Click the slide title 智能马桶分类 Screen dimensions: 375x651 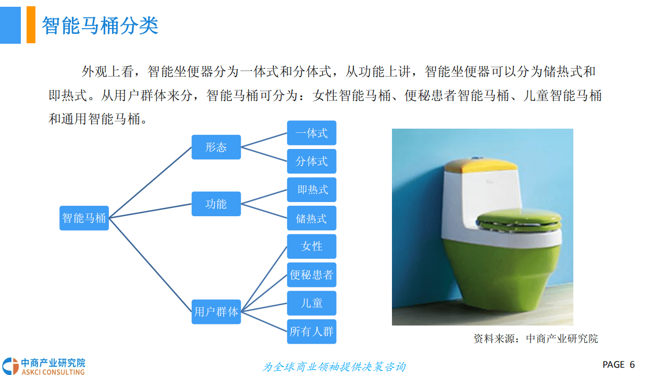pyautogui.click(x=100, y=25)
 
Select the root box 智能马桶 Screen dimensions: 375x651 pyautogui.click(x=84, y=218)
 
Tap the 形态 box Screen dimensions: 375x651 pyautogui.click(x=216, y=147)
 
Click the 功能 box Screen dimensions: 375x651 pyautogui.click(x=216, y=204)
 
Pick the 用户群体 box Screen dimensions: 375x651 pyautogui.click(x=216, y=311)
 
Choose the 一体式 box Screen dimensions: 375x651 pyautogui.click(x=312, y=133)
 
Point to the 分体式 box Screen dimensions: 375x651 pyautogui.click(x=312, y=161)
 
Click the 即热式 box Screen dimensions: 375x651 pyautogui.click(x=312, y=190)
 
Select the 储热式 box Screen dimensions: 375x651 pyautogui.click(x=312, y=218)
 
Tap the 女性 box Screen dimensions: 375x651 pyautogui.click(x=312, y=246)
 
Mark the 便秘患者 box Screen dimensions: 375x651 pyautogui.click(x=312, y=274)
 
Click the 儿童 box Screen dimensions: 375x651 pyautogui.click(x=312, y=303)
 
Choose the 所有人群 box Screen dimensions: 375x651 pyautogui.click(x=312, y=331)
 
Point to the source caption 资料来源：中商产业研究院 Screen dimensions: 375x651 pyautogui.click(x=535, y=339)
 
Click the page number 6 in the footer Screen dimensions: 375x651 pyautogui.click(x=632, y=365)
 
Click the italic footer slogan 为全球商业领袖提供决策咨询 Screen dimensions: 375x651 pyautogui.click(x=334, y=367)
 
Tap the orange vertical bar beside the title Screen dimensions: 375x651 pyautogui.click(x=31, y=24)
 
